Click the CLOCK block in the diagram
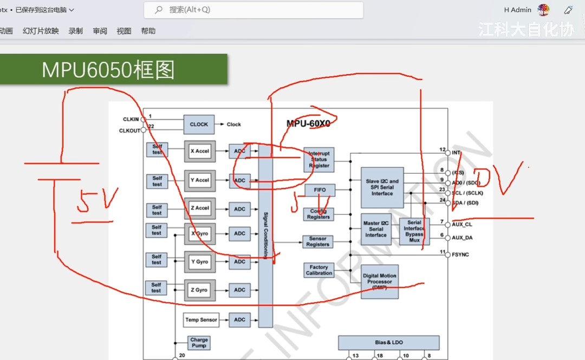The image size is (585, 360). (199, 125)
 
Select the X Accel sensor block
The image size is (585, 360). (200, 151)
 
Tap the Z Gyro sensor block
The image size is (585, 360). (199, 290)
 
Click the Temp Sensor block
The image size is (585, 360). (201, 320)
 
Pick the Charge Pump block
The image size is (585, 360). (199, 343)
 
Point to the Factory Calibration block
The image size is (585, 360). (318, 270)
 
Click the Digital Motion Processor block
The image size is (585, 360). (379, 282)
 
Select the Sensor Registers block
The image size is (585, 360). (317, 241)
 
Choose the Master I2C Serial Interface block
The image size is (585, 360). (376, 229)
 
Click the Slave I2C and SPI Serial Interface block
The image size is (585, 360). (382, 187)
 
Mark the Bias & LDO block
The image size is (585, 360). (389, 343)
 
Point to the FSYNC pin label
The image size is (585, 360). (460, 254)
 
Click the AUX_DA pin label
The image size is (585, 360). (462, 238)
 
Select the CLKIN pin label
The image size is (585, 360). (131, 120)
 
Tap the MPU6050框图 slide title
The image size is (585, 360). (108, 70)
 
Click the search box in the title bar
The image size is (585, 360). (253, 10)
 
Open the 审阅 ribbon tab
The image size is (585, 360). (100, 31)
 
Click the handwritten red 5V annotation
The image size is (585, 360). (97, 203)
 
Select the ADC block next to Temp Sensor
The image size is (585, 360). (239, 320)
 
